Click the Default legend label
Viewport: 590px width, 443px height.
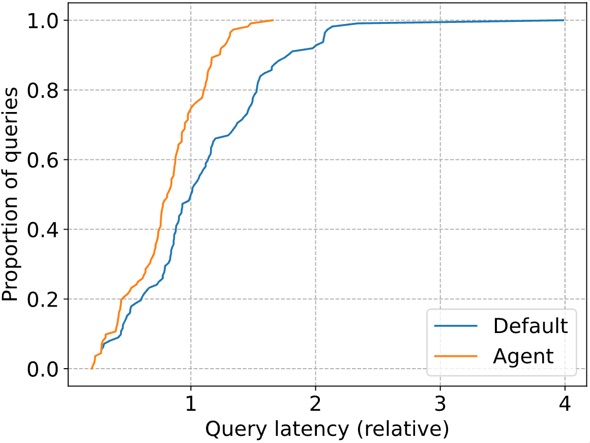coord(530,325)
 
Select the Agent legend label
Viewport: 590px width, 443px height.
coord(523,356)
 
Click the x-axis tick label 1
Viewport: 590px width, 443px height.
coord(190,404)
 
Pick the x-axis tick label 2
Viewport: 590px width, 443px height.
coord(315,404)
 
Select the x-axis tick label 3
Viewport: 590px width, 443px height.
coord(440,404)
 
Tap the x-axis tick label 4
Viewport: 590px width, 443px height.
coord(565,404)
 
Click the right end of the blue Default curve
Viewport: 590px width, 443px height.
coord(564,20)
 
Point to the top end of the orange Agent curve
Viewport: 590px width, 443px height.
coord(273,20)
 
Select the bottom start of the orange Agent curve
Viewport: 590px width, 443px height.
coord(92,368)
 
